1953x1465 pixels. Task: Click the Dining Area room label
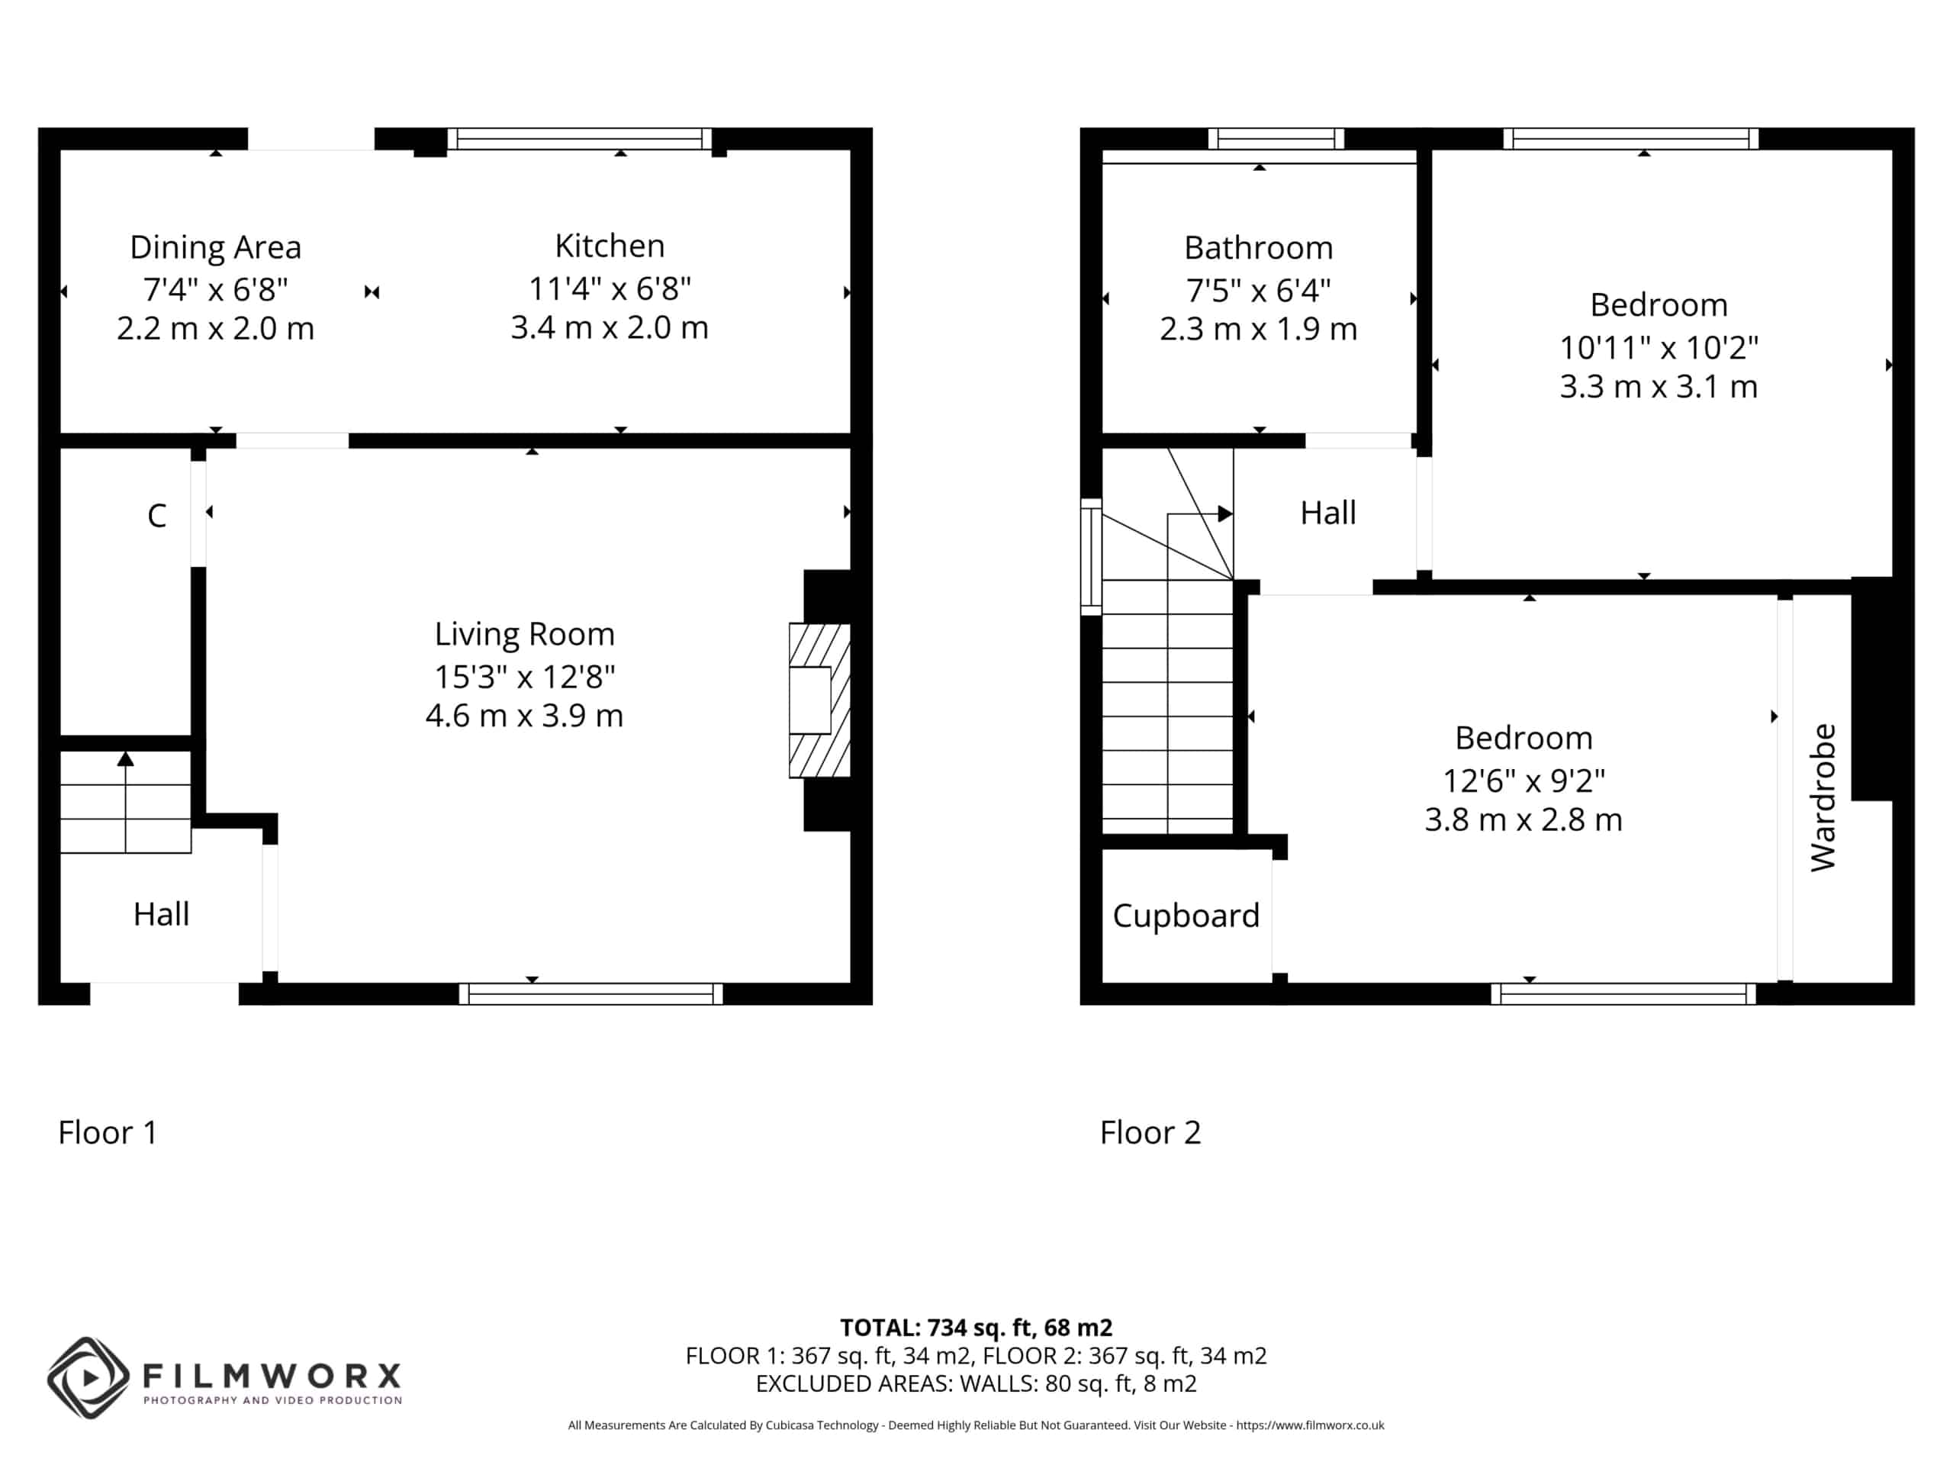(x=215, y=247)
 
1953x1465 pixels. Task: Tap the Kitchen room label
(x=610, y=246)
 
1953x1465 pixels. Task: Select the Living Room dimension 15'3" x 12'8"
(x=524, y=677)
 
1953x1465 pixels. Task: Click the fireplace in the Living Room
(x=819, y=700)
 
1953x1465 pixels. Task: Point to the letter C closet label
(x=156, y=516)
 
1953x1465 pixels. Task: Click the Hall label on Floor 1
(x=161, y=914)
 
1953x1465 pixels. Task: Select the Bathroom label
(x=1258, y=248)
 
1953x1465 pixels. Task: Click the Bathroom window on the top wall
(x=1276, y=139)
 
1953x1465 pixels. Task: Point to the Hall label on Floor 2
(x=1328, y=513)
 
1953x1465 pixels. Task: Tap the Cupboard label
(x=1186, y=916)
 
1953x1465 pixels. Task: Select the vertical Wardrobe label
(x=1823, y=797)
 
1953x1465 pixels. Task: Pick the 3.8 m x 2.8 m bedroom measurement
(x=1523, y=819)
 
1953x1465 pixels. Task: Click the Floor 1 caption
(x=108, y=1132)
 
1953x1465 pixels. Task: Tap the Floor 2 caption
(x=1150, y=1132)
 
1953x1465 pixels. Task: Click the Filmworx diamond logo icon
(x=88, y=1377)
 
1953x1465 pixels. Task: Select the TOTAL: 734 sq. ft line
(x=976, y=1327)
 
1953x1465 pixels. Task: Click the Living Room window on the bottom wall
(x=590, y=993)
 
